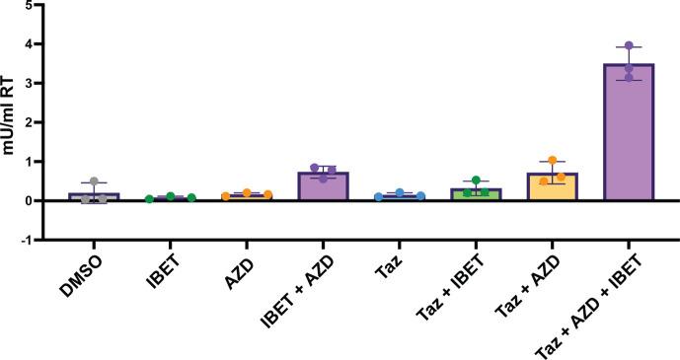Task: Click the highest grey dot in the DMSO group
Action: coord(95,181)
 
